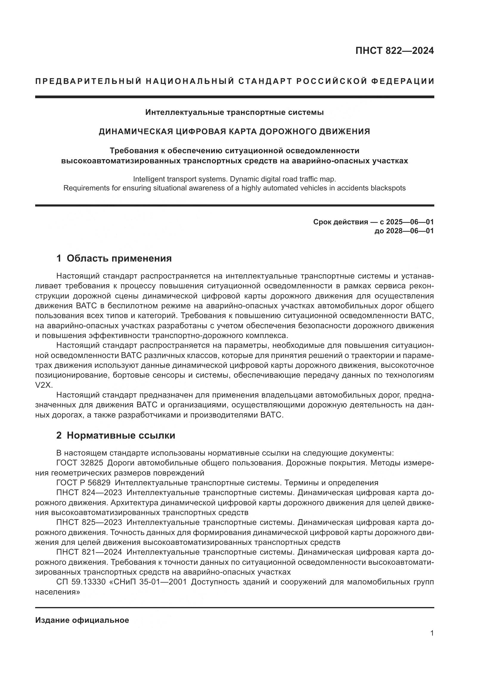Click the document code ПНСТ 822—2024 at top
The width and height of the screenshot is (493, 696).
tap(395, 51)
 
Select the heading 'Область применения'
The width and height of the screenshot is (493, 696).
tap(119, 258)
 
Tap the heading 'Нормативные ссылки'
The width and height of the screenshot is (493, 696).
tap(121, 435)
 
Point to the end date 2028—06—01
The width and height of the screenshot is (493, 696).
tap(410, 231)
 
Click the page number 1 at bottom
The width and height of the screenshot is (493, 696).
tap(432, 633)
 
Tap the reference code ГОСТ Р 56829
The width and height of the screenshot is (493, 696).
tap(83, 483)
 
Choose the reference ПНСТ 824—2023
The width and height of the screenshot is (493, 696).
tap(89, 492)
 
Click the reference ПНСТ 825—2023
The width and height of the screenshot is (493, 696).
tap(89, 522)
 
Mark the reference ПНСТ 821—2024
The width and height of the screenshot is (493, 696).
tap(89, 552)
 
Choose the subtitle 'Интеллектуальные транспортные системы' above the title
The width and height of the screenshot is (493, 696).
tap(234, 112)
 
